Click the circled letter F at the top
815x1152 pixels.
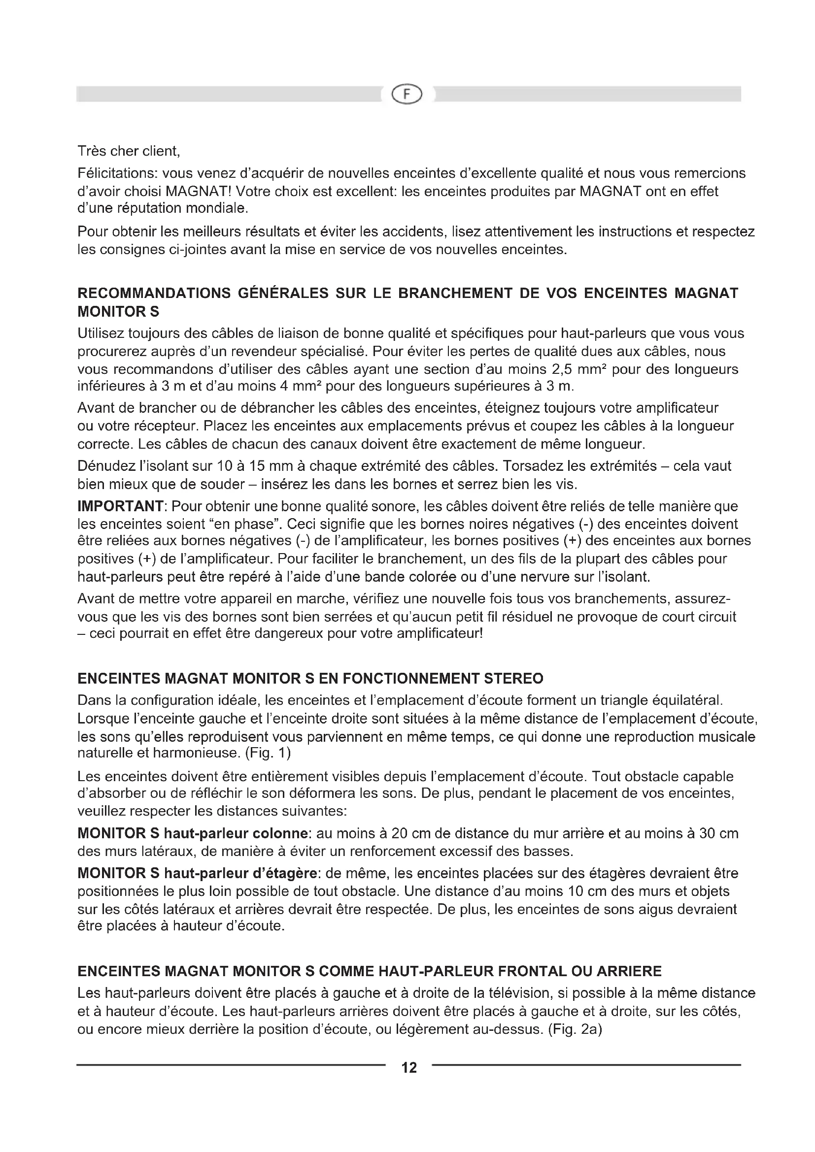(407, 94)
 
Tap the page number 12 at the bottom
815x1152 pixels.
(409, 1067)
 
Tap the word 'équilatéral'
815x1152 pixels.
(686, 700)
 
